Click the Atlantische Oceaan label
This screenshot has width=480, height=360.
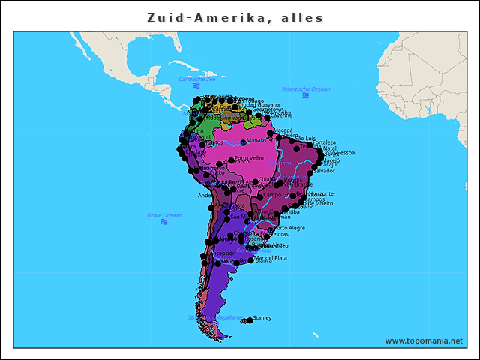click(x=306, y=89)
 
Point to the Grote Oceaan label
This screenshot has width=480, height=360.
click(x=164, y=215)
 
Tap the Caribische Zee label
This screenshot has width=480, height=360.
click(x=197, y=79)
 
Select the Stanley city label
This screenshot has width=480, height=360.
click(x=262, y=318)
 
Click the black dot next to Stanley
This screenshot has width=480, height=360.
click(x=249, y=320)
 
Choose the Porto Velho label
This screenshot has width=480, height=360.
click(x=249, y=158)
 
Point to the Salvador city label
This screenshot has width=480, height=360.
click(x=323, y=171)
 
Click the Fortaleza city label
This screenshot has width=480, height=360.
click(x=325, y=142)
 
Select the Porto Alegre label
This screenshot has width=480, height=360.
click(x=290, y=228)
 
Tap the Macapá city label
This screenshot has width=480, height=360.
click(x=283, y=130)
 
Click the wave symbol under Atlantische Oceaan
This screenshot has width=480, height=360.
click(x=305, y=96)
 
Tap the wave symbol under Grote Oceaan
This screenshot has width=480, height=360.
click(x=163, y=222)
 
